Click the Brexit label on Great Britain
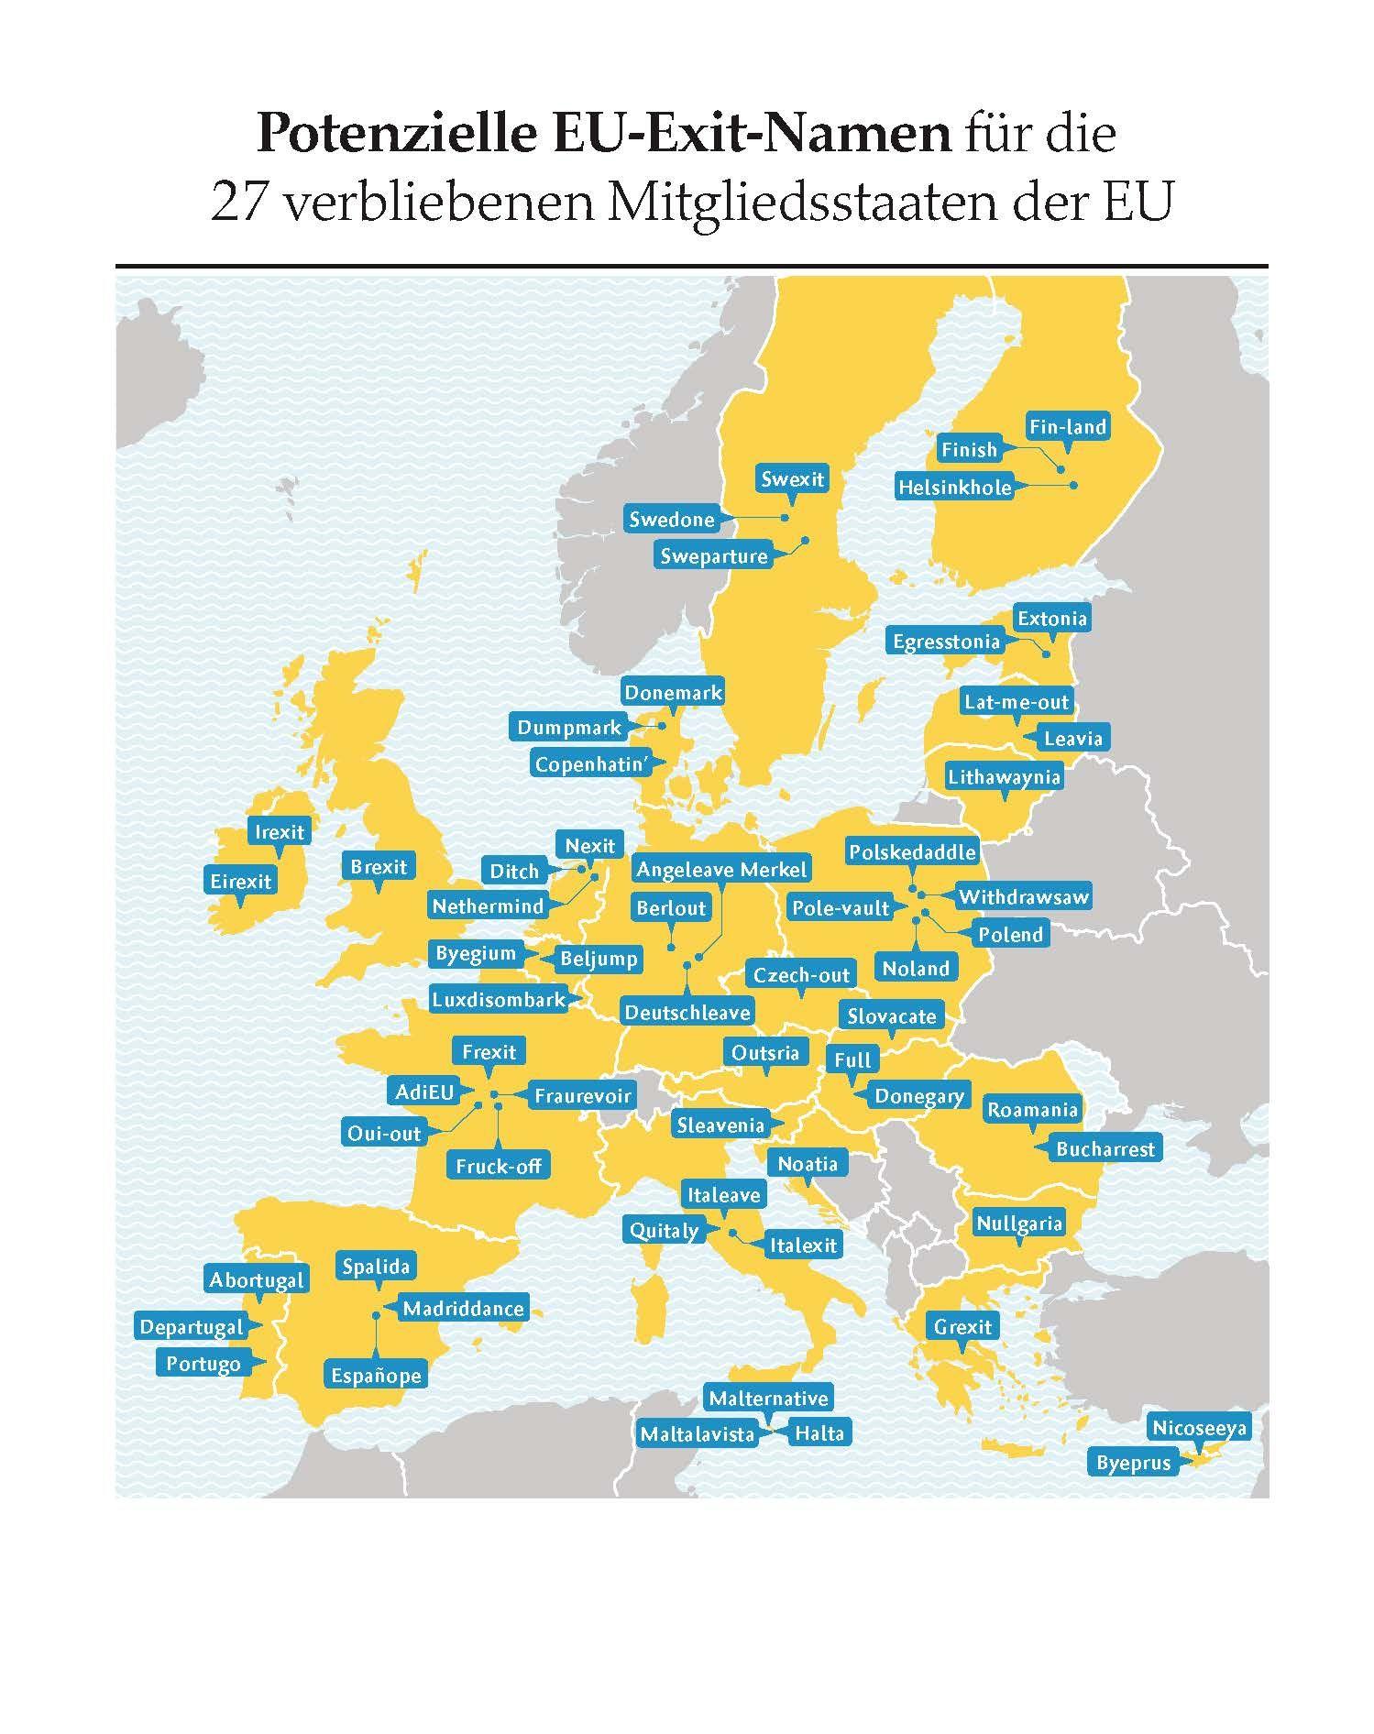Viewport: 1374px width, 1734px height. pyautogui.click(x=379, y=866)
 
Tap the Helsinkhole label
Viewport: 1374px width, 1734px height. pyautogui.click(x=954, y=487)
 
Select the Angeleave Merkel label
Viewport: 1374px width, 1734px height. pyautogui.click(x=722, y=869)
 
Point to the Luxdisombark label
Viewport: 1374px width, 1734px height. pyautogui.click(x=499, y=999)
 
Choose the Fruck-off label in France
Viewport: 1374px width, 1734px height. pyautogui.click(x=499, y=1166)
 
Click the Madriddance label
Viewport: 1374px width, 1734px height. pyautogui.click(x=463, y=1308)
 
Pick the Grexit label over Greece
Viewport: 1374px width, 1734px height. pyautogui.click(x=962, y=1326)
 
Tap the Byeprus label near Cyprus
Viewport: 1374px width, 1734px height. pyautogui.click(x=1134, y=1463)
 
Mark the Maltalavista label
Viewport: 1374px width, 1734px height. pyautogui.click(x=698, y=1433)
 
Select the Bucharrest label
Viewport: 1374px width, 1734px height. pyautogui.click(x=1105, y=1148)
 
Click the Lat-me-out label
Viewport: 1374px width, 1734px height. pyautogui.click(x=1017, y=702)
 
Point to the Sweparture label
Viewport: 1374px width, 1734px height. pyautogui.click(x=714, y=555)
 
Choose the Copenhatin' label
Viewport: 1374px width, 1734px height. pyautogui.click(x=591, y=763)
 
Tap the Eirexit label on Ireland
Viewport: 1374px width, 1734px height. pyautogui.click(x=241, y=881)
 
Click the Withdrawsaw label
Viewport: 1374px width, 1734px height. pyautogui.click(x=1023, y=896)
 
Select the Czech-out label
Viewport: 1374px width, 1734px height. pyautogui.click(x=802, y=974)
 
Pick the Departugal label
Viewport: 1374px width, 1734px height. pyautogui.click(x=192, y=1326)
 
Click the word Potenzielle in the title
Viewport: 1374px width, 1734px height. pyautogui.click(x=396, y=133)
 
